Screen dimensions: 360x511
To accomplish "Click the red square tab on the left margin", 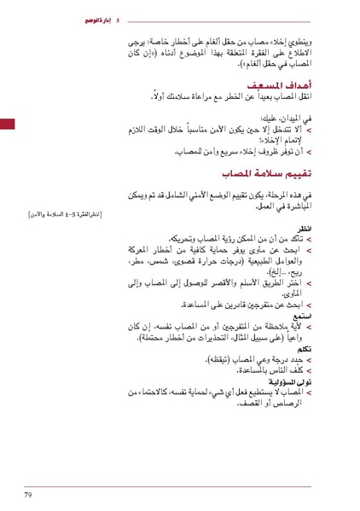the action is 8,125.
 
